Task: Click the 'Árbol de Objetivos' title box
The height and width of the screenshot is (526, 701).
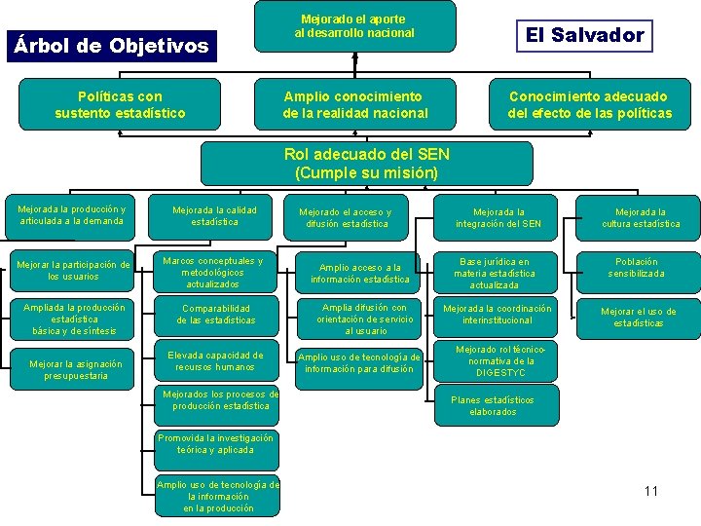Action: click(x=109, y=46)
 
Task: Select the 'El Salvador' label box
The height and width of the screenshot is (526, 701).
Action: click(x=584, y=36)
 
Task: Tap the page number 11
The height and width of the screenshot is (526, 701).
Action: click(x=651, y=490)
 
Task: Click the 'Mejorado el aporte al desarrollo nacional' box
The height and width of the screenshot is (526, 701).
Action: click(x=354, y=26)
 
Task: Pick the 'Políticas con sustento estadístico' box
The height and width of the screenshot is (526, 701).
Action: click(x=122, y=104)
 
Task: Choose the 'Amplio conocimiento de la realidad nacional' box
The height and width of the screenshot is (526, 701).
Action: click(x=355, y=104)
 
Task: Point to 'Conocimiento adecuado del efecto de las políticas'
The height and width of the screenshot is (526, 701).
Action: click(x=589, y=104)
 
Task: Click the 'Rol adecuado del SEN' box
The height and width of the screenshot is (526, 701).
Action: click(x=366, y=164)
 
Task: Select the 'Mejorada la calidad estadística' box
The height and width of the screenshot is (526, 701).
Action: click(x=214, y=216)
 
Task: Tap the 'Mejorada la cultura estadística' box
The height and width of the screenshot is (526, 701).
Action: click(x=641, y=217)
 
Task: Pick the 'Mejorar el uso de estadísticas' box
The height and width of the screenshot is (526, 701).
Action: click(x=638, y=318)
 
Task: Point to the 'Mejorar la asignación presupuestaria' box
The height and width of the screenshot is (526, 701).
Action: click(x=75, y=370)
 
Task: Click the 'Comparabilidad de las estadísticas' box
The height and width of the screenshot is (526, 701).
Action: click(x=215, y=314)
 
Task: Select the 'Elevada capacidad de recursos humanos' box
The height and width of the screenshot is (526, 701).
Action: click(x=215, y=361)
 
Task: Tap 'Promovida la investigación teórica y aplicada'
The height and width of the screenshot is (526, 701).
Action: click(x=215, y=444)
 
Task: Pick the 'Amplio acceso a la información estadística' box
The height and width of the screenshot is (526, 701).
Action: click(x=359, y=274)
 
